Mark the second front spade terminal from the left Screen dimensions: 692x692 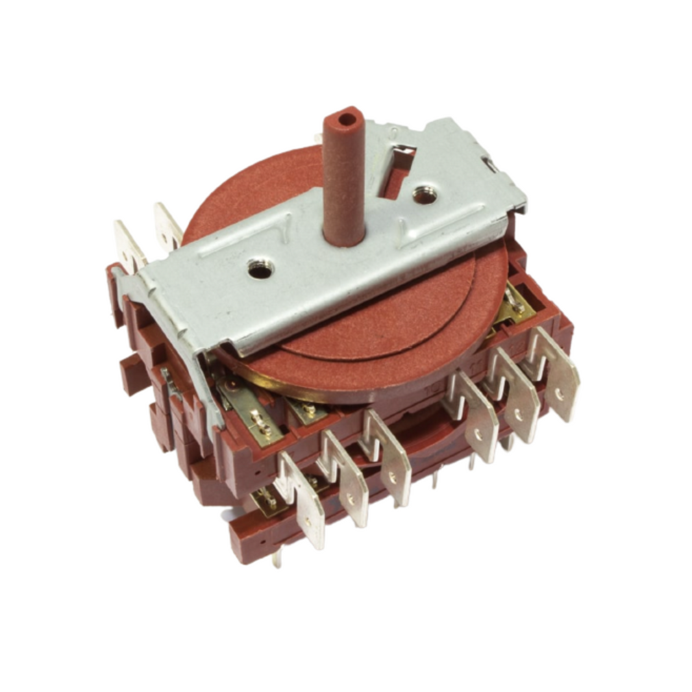click(x=345, y=477)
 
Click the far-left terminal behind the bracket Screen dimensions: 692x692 click(x=129, y=246)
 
